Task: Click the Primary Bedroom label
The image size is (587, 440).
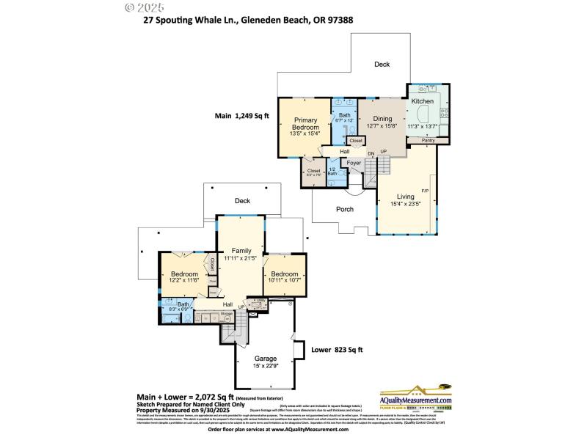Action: [x=305, y=124]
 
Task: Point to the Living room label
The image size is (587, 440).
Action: [x=406, y=197]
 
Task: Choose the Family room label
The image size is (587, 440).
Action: [x=241, y=251]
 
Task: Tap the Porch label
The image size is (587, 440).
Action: [x=345, y=209]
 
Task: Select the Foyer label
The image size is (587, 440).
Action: [x=354, y=163]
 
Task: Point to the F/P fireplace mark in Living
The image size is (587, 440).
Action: [x=424, y=191]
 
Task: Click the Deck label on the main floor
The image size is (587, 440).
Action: [x=382, y=65]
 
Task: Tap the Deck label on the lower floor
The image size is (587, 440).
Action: [x=242, y=200]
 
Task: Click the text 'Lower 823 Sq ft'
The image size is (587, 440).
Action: [x=337, y=350]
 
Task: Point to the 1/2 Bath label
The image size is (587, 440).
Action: [x=332, y=172]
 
